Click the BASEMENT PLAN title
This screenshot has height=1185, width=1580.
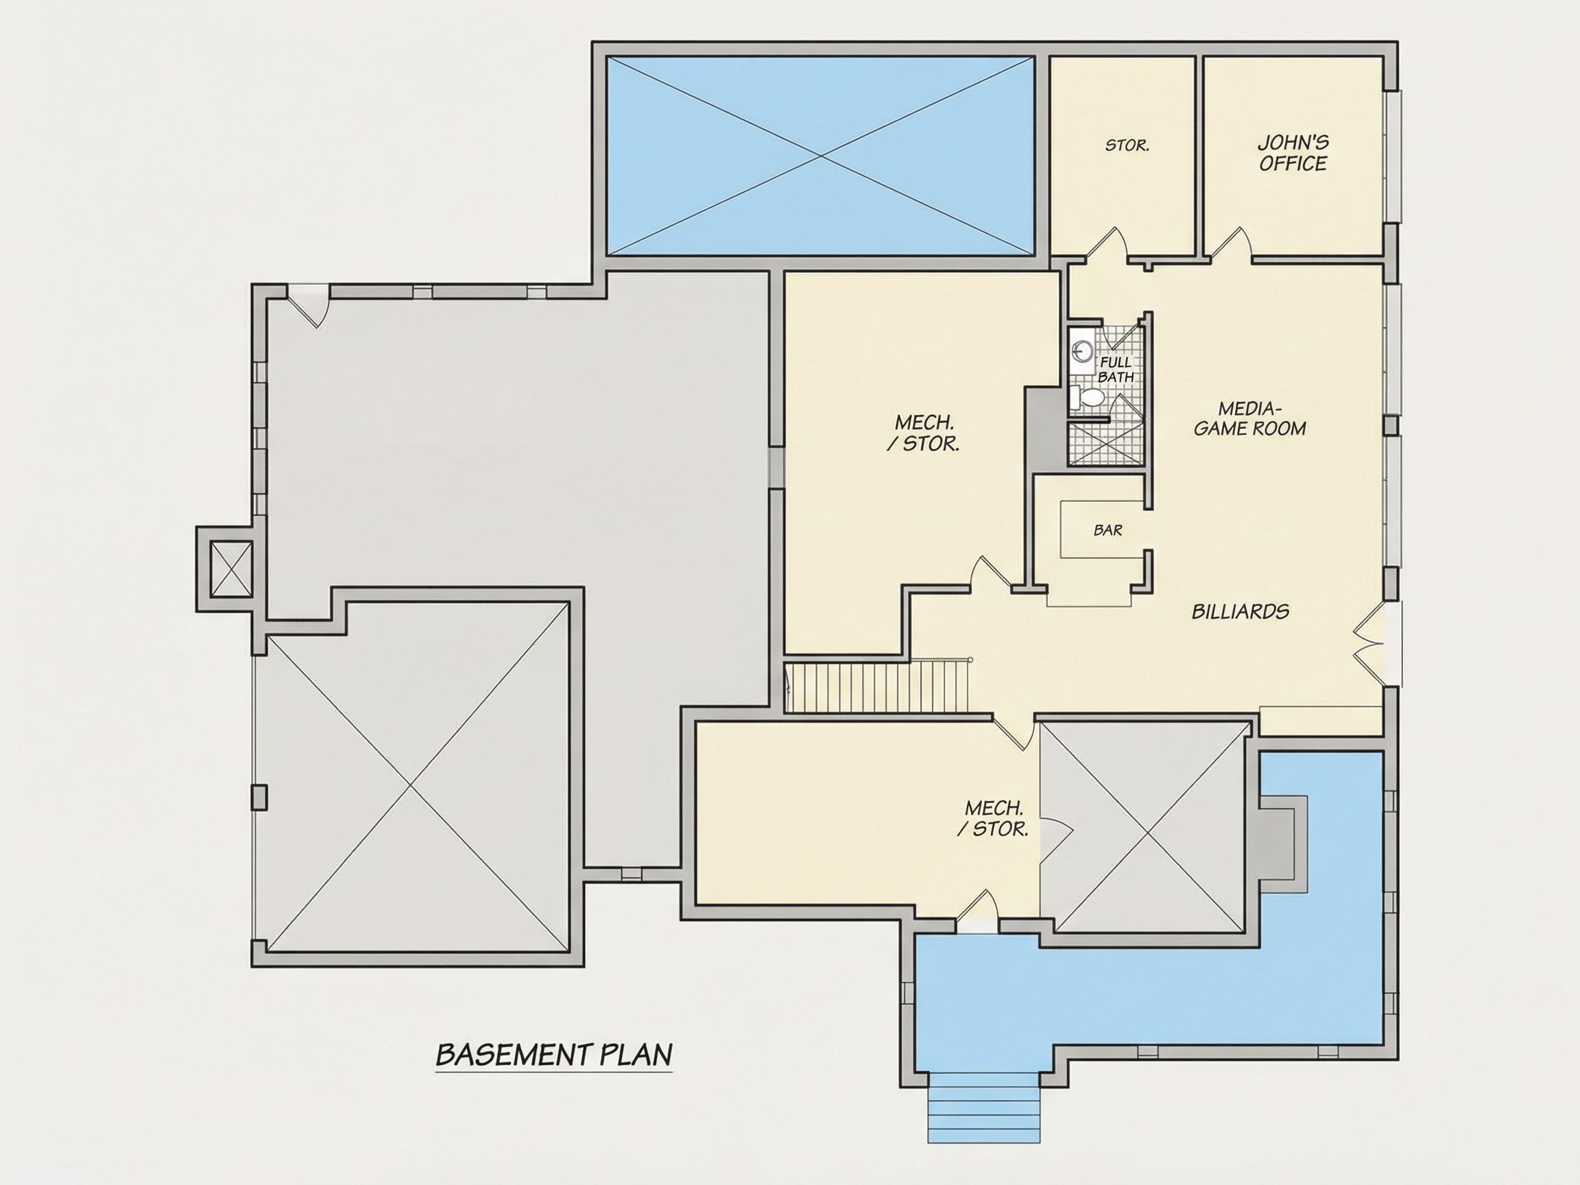554,1054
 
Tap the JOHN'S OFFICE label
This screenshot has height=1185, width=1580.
1293,154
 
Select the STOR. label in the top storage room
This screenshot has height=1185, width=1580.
1127,145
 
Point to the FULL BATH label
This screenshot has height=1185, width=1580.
1116,370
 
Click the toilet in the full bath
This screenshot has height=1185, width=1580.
1086,398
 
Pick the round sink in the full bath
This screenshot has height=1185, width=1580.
1083,350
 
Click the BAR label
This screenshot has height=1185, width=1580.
1108,531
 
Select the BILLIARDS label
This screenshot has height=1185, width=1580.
1240,612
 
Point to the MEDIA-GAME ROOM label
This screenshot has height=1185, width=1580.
1250,418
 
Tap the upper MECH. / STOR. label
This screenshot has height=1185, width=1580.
924,433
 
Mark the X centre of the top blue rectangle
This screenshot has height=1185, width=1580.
820,156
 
